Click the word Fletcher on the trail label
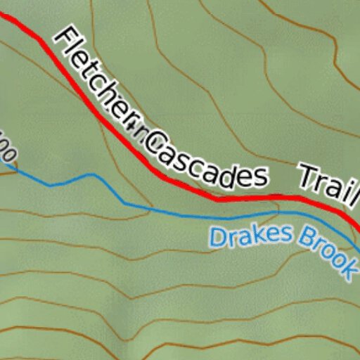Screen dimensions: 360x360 tap(98, 81)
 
